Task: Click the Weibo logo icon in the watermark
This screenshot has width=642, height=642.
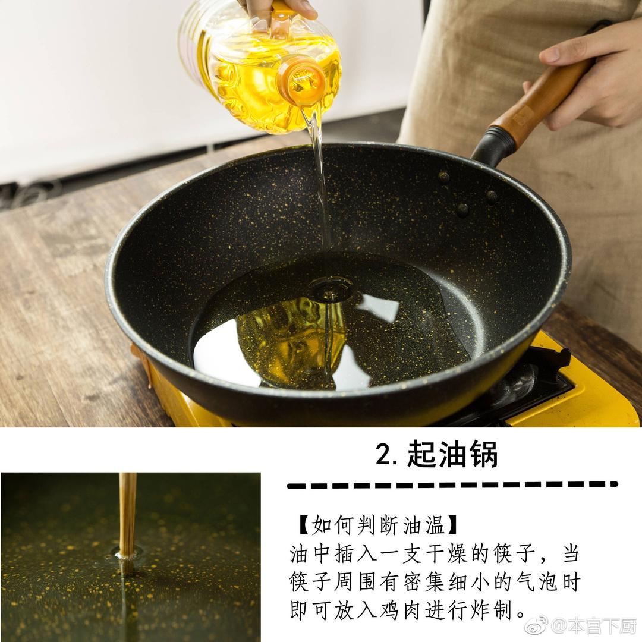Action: point(536,626)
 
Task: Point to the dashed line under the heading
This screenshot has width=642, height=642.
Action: point(452,486)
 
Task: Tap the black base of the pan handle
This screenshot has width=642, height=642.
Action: point(493,146)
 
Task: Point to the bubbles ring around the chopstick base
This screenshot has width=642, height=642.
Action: point(127,553)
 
